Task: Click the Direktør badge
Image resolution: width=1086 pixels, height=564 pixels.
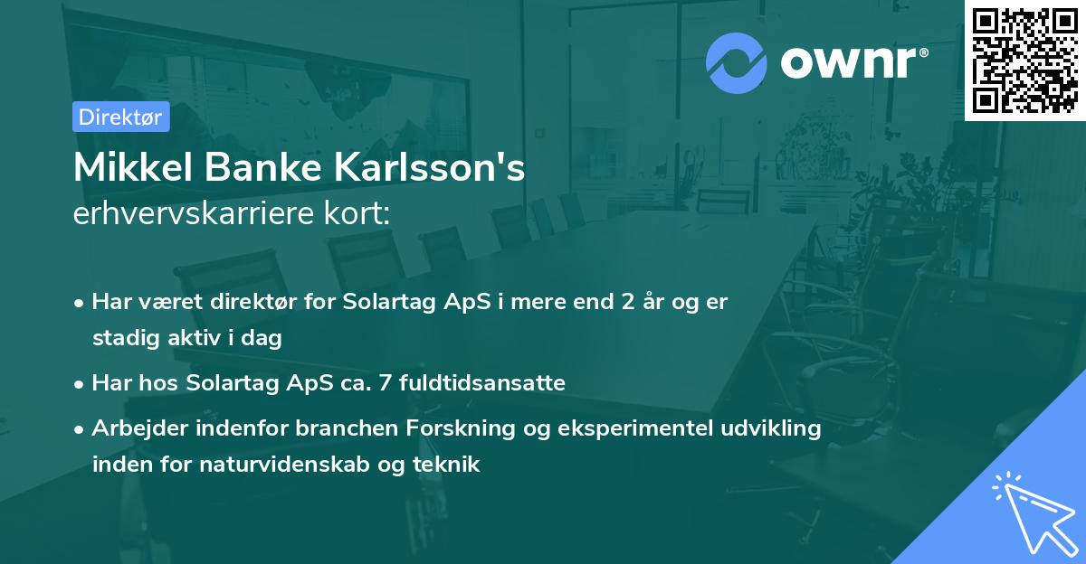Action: tap(120, 117)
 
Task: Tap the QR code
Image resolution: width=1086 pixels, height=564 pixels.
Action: tap(1025, 60)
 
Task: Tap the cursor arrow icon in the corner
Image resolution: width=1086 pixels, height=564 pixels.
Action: tap(1031, 511)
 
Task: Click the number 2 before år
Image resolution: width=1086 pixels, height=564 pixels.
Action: tap(627, 302)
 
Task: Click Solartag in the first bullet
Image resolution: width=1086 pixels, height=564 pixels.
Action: tap(384, 302)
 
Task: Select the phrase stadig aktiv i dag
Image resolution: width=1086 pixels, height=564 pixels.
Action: tap(187, 338)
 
